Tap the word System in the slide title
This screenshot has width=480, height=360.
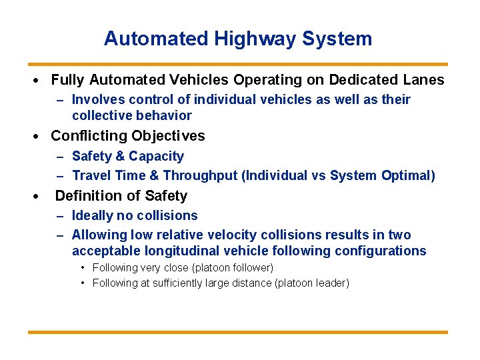coord(337,39)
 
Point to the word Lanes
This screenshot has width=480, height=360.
coord(423,80)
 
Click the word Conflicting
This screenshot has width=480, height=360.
coord(89,136)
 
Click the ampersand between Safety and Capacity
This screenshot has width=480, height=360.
coord(121,157)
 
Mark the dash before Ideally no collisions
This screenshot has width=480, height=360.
coord(60,216)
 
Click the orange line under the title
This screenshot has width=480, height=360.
coord(238,65)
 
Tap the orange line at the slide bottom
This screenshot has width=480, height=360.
coord(238,331)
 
